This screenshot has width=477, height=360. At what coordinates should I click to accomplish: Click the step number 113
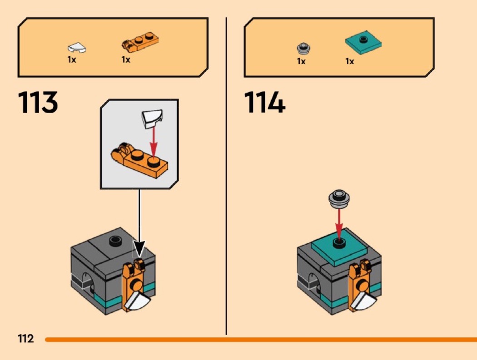pos(38,102)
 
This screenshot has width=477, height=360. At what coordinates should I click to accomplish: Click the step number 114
pos(264,102)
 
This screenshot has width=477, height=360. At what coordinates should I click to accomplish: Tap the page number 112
pos(26,338)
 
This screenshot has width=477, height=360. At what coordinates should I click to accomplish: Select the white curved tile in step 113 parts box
pos(77,48)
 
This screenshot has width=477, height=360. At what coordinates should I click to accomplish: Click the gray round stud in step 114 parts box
pos(303,48)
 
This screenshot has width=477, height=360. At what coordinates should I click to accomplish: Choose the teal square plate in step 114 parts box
pos(363,43)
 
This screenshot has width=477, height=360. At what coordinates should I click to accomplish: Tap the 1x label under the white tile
pos(72,59)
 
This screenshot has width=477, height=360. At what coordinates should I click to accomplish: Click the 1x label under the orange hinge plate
pos(126,59)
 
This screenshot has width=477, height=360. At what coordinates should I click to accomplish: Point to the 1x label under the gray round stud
pos(301,61)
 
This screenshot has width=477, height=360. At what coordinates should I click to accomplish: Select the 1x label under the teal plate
pos(350,61)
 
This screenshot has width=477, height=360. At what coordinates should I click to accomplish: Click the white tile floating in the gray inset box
pos(152,118)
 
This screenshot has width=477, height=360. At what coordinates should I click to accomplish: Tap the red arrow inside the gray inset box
pos(154,142)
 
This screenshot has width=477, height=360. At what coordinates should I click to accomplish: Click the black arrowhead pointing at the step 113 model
pos(139,248)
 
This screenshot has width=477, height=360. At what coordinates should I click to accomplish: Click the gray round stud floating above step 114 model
pos(339,198)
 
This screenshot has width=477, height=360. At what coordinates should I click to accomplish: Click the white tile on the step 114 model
pos(364,301)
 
